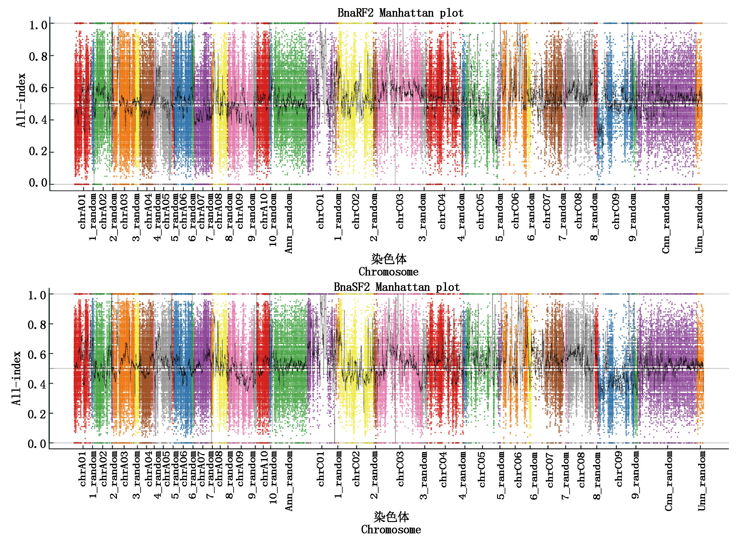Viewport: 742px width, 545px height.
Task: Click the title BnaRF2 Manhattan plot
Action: [x=400, y=13]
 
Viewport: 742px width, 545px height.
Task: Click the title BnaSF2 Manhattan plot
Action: [x=396, y=287]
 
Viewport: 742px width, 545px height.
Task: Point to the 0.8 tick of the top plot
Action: [x=38, y=56]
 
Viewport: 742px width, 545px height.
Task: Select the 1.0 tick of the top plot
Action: [x=38, y=25]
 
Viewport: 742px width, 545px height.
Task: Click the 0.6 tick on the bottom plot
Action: [x=37, y=355]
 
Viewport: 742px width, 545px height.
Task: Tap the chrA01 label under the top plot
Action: [x=83, y=211]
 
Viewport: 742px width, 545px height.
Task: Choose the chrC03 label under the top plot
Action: [x=400, y=211]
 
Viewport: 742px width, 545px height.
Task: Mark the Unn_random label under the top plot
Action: [x=699, y=223]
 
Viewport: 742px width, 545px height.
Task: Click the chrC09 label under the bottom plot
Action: [x=619, y=469]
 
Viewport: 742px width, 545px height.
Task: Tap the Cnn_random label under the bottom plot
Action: [x=668, y=481]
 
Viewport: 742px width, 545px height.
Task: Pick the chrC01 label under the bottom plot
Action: [x=321, y=469]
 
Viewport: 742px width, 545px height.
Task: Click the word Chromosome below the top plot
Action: [x=388, y=272]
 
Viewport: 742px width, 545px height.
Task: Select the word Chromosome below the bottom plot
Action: [x=391, y=530]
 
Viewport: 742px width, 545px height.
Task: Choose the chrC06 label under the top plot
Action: [x=516, y=211]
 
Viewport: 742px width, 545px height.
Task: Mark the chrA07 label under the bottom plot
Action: [x=201, y=469]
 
